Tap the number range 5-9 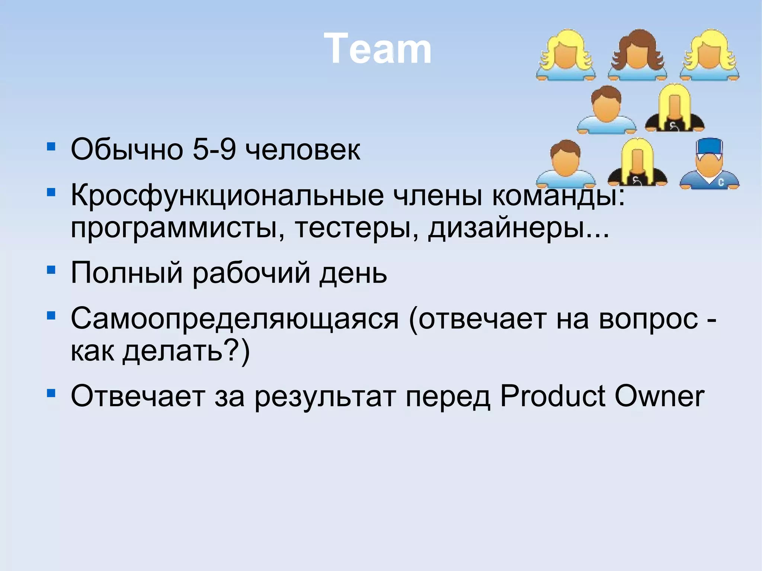[x=214, y=150]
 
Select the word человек [x=302, y=150]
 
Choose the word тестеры [x=356, y=227]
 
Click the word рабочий [x=251, y=273]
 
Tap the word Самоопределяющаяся [x=234, y=320]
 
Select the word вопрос [x=648, y=319]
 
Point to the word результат [x=325, y=397]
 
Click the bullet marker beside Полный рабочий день [x=51, y=269]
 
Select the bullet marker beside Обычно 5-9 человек [x=51, y=146]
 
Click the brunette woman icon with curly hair [x=637, y=55]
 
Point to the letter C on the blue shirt [x=721, y=182]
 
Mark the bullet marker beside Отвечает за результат [x=51, y=393]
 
